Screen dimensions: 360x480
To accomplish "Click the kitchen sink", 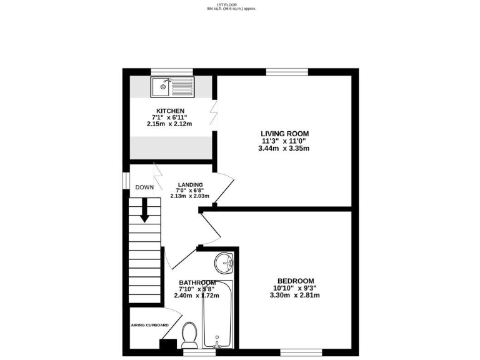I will point(172,87).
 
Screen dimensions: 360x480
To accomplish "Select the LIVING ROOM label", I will point(285,134).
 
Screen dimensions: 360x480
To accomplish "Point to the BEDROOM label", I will point(296,281).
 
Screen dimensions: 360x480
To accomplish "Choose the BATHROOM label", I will point(197,282).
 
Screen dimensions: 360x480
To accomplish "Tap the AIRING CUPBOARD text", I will point(149,325).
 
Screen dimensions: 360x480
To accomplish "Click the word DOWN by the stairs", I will point(144,187).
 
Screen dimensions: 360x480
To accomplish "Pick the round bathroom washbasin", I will point(225,264).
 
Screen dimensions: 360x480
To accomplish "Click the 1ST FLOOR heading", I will point(232,5).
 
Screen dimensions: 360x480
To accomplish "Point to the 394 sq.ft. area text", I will point(232,9).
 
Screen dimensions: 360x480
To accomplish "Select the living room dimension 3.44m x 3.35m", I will point(285,149).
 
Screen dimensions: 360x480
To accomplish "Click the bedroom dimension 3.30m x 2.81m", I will point(296,295).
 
